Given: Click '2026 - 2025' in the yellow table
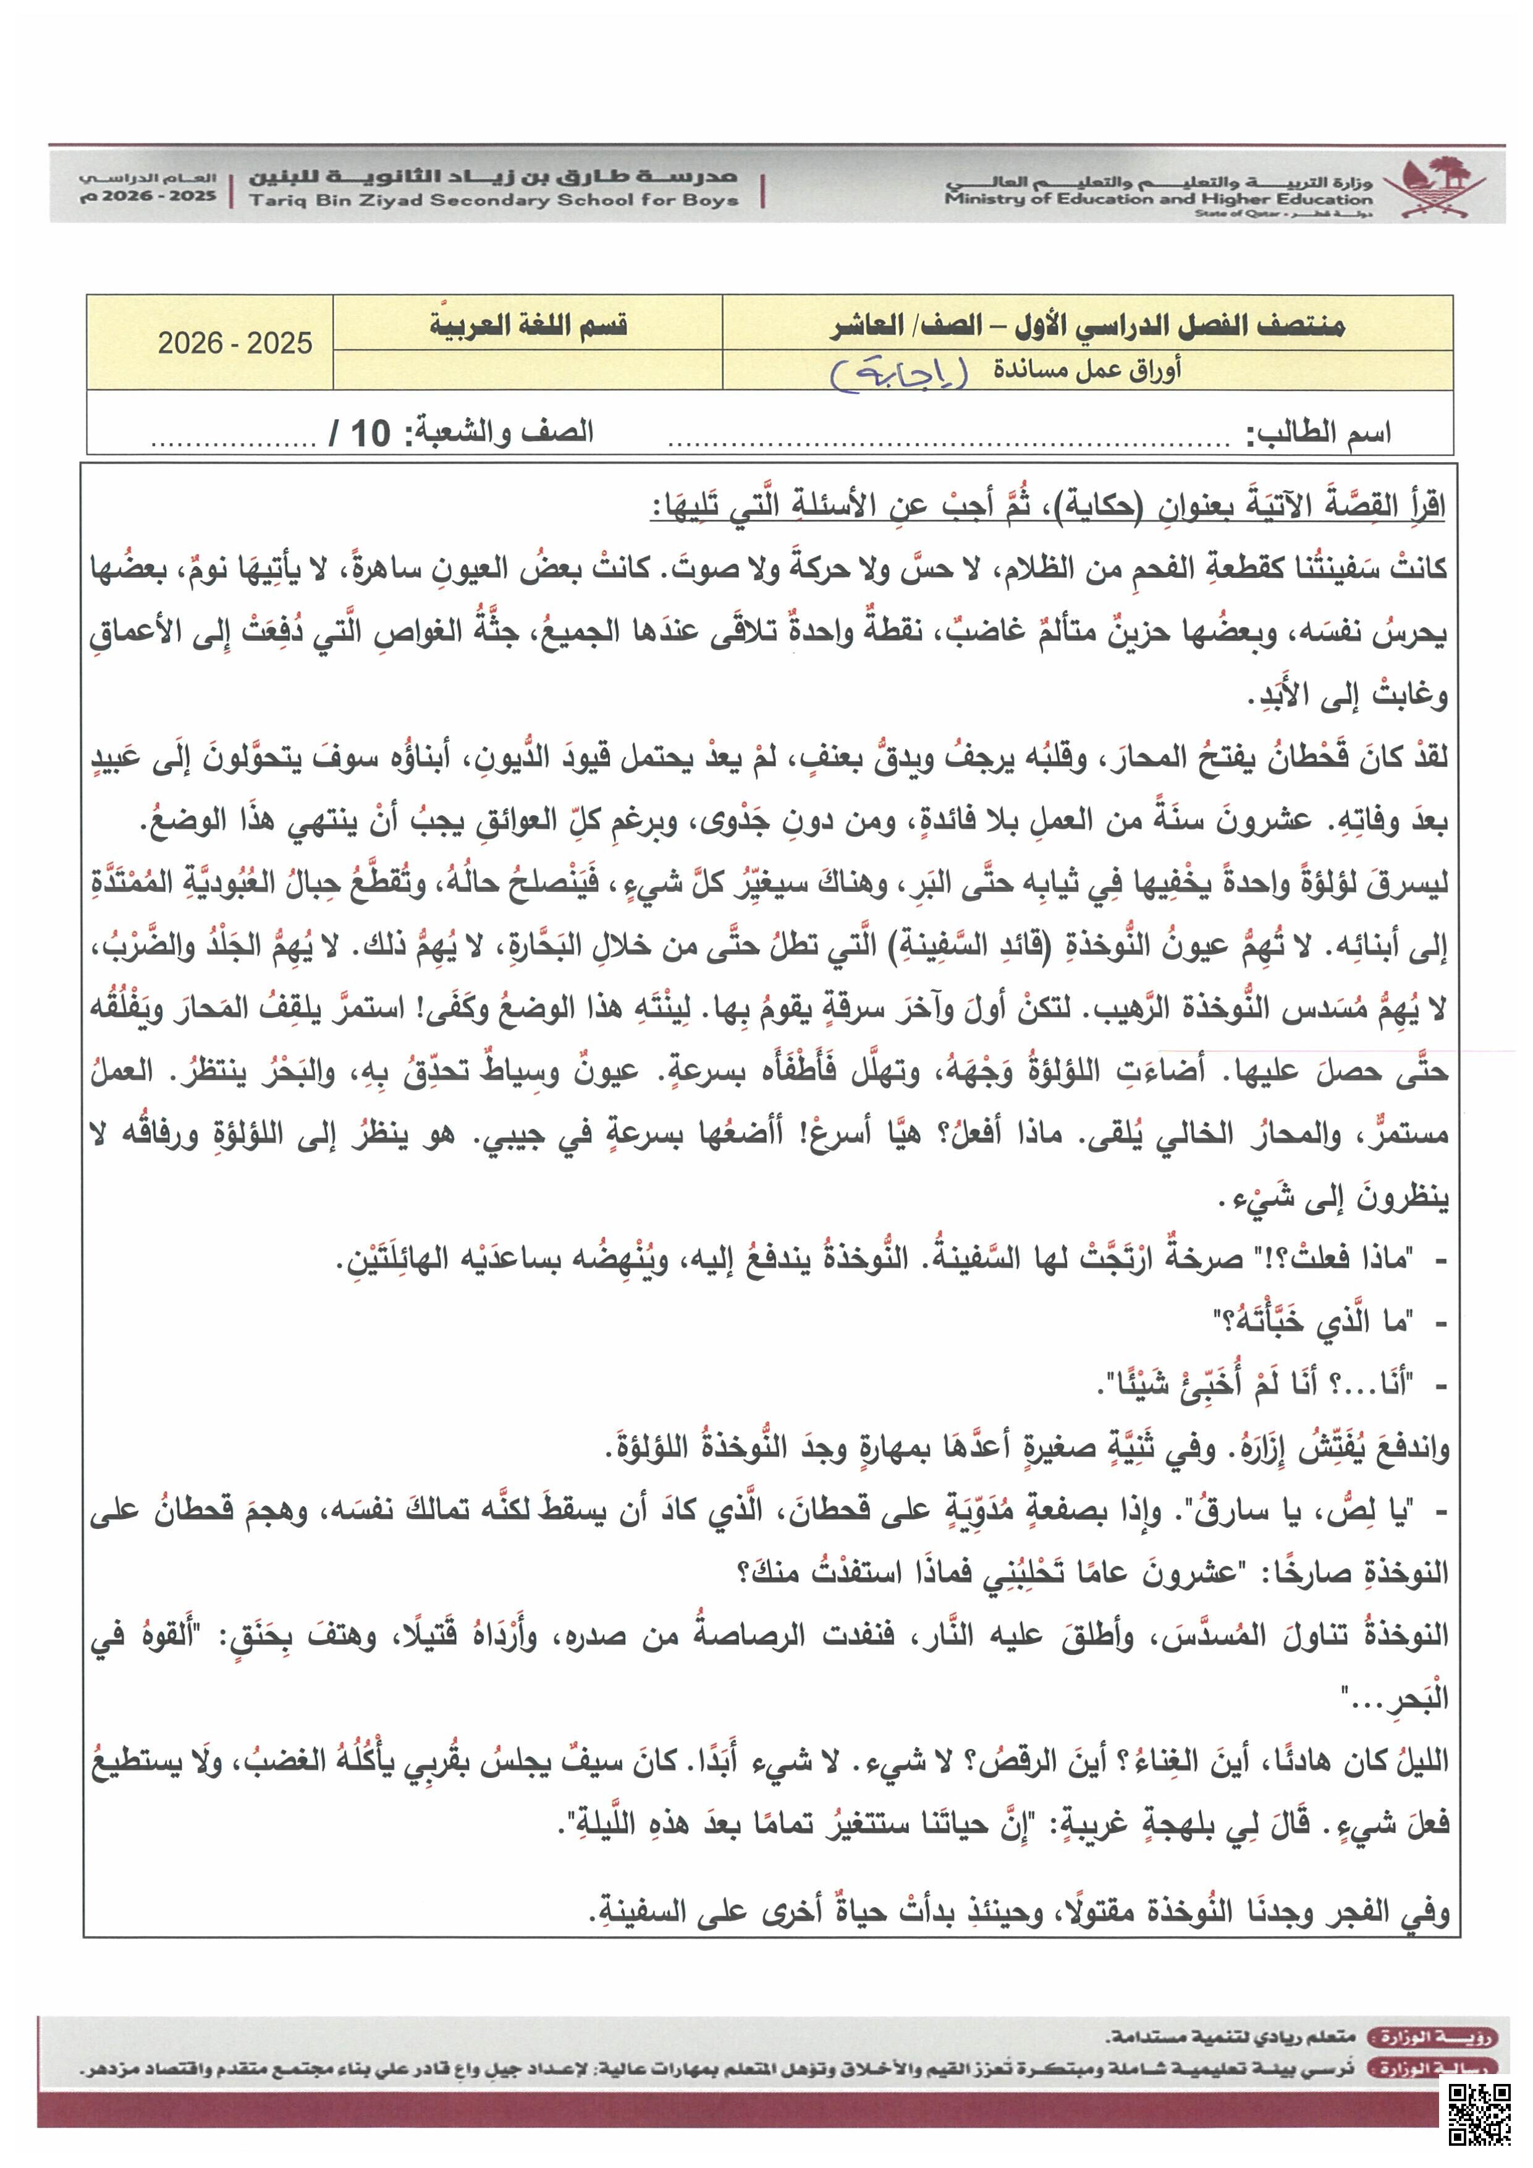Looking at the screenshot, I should coord(235,343).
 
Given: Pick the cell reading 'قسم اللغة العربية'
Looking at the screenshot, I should coord(529,325).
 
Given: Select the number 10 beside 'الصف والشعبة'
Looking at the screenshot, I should coord(371,433).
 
